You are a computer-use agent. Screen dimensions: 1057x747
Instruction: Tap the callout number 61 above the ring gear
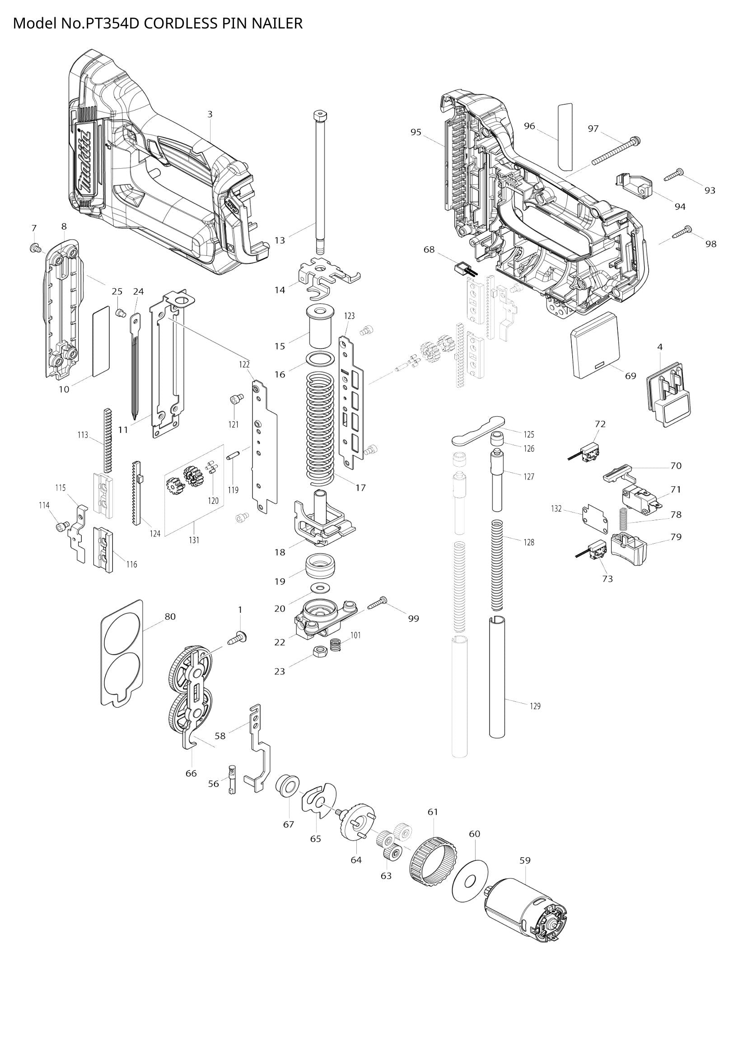pyautogui.click(x=433, y=812)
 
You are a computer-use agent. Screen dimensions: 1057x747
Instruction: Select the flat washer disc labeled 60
pyautogui.click(x=470, y=881)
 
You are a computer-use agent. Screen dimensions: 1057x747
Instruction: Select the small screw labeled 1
pyautogui.click(x=238, y=639)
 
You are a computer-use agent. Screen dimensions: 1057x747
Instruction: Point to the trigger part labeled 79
pyautogui.click(x=628, y=549)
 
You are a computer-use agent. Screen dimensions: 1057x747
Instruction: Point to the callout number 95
pyautogui.click(x=416, y=132)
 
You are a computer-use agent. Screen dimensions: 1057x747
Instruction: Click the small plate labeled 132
pyautogui.click(x=594, y=519)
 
